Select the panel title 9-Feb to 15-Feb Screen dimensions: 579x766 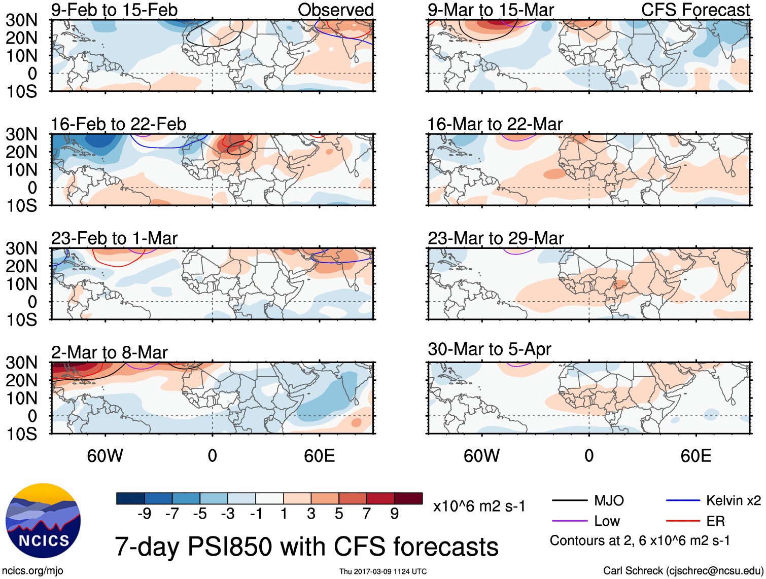(114, 10)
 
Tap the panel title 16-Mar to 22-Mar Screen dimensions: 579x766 (495, 124)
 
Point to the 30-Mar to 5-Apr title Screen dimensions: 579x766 (489, 349)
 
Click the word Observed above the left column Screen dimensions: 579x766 (335, 10)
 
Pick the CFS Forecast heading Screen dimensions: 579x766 (695, 10)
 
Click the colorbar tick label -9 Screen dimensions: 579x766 (144, 514)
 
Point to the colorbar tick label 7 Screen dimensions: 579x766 (367, 514)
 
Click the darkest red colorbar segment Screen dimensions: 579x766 (408, 498)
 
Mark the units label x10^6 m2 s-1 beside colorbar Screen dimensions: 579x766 (479, 506)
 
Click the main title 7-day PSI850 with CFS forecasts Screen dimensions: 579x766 (306, 547)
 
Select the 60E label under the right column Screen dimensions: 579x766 (695, 456)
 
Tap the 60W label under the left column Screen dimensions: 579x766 (105, 456)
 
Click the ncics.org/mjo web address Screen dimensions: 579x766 (32, 571)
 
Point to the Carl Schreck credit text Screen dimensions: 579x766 (683, 571)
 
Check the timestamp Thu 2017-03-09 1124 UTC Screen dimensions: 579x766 (383, 571)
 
